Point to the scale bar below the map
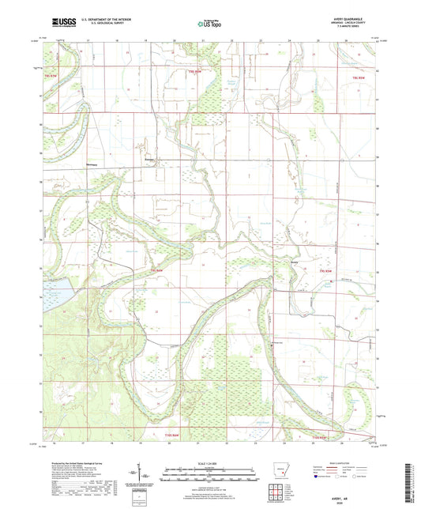pyautogui.click(x=210, y=476)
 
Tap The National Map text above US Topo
pyautogui.click(x=210, y=18)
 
